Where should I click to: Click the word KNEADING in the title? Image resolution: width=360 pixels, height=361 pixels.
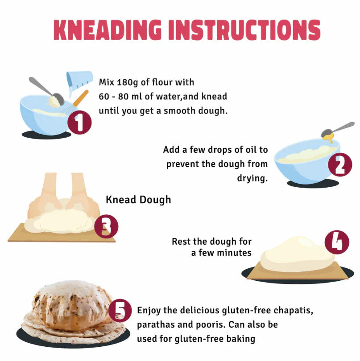(108, 30)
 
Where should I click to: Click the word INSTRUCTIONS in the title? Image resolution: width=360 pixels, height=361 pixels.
(244, 30)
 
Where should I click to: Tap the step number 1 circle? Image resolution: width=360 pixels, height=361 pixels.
(79, 122)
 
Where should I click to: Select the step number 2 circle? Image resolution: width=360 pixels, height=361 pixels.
(340, 164)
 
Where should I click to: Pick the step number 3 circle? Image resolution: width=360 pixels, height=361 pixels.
(106, 226)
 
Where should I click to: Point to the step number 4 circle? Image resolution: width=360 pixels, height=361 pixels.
(337, 242)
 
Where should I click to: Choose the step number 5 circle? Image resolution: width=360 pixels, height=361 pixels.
(120, 311)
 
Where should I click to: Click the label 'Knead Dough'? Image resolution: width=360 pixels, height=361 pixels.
(138, 200)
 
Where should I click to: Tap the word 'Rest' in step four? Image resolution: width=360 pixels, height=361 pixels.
(181, 242)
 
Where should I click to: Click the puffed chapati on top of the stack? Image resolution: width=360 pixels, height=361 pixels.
(71, 304)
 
